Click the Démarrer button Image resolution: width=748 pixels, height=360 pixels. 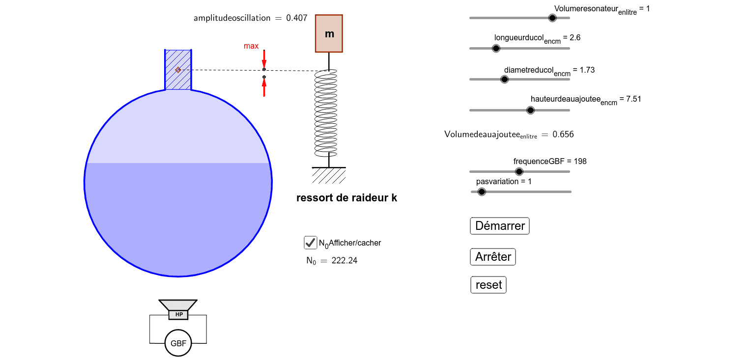tap(500, 226)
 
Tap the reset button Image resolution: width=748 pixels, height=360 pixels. tap(489, 285)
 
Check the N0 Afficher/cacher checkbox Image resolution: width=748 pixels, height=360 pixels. tap(310, 243)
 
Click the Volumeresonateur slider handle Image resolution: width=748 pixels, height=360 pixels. tap(552, 18)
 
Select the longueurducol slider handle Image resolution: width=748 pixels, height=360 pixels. tap(496, 48)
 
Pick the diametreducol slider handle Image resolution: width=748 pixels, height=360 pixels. tap(504, 79)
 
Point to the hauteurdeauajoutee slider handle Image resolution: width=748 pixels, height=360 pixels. tap(530, 110)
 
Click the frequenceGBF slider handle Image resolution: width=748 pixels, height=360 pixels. tap(519, 171)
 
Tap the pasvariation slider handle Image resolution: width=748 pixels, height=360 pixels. tap(482, 192)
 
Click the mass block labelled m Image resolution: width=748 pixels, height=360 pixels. tap(329, 33)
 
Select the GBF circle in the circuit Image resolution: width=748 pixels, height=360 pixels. tap(178, 343)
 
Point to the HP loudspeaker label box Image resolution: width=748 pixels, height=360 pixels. tap(178, 314)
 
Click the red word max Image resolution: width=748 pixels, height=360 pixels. tap(251, 46)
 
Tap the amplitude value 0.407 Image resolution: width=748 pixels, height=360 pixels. tap(296, 18)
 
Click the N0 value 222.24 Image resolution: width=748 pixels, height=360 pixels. tap(345, 260)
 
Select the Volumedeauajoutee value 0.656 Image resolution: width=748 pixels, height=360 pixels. tap(563, 134)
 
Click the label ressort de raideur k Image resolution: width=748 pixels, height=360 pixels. tap(347, 198)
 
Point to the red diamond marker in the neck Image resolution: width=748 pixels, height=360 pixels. tap(178, 70)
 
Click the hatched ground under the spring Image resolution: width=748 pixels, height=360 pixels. tap(329, 174)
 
